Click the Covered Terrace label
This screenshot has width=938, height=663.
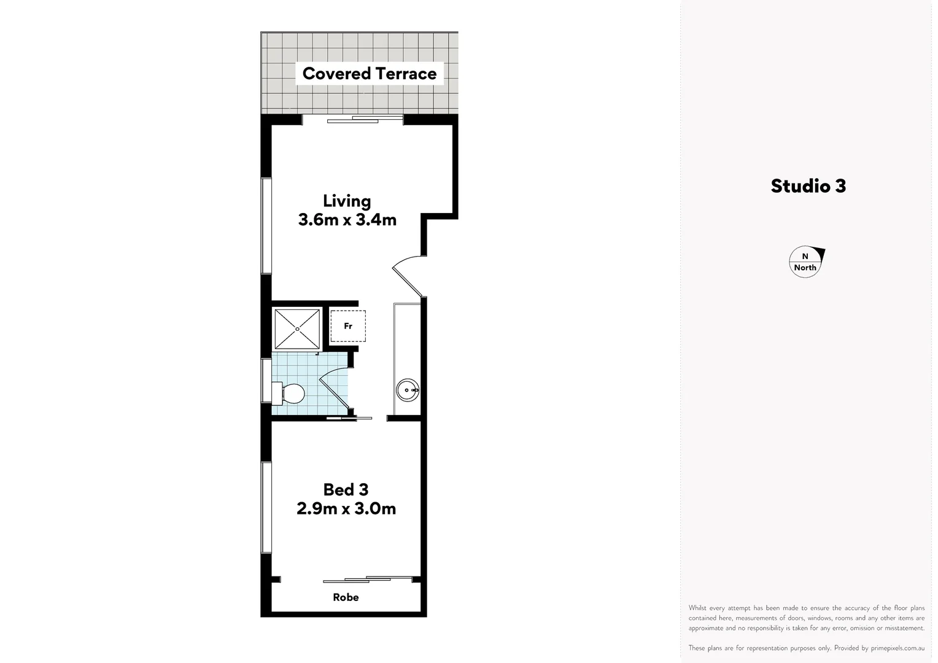(x=369, y=74)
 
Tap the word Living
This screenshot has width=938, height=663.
(x=347, y=201)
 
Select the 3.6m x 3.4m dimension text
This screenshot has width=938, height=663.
(x=347, y=220)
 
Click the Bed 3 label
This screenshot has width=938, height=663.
(x=346, y=489)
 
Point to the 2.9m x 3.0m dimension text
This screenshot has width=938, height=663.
(x=346, y=508)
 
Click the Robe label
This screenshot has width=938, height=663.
(x=346, y=597)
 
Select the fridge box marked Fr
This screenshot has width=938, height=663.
(x=348, y=326)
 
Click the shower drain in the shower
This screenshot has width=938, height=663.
(x=297, y=329)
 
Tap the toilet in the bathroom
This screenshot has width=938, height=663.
(x=290, y=394)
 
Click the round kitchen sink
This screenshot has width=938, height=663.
(x=408, y=390)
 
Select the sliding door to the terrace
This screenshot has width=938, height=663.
(x=352, y=120)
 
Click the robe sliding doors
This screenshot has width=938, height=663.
(x=368, y=579)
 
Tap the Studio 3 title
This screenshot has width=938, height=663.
(x=808, y=186)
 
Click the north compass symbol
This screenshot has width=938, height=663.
(x=806, y=262)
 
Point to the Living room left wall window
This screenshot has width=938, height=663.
(x=266, y=225)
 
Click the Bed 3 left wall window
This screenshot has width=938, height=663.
(x=266, y=507)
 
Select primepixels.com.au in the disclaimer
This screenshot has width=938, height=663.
(x=897, y=648)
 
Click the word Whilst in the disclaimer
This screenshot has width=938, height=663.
(x=697, y=608)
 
